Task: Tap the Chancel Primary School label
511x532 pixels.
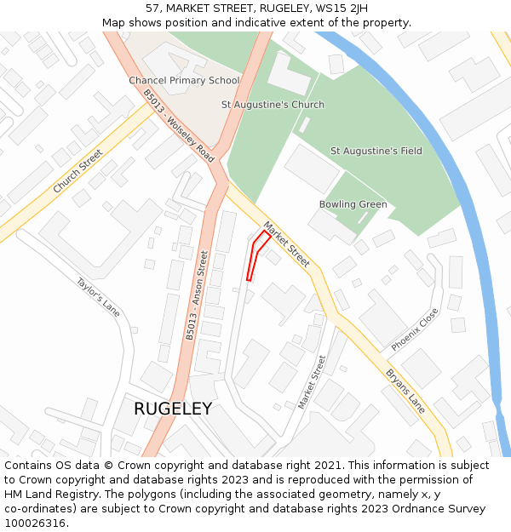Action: tap(184, 81)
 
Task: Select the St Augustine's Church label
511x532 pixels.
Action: tap(273, 105)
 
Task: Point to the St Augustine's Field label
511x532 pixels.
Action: tap(376, 151)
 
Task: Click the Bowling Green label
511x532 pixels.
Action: tap(353, 204)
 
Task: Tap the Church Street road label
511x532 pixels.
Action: tap(78, 171)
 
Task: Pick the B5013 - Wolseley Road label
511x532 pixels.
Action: tap(179, 127)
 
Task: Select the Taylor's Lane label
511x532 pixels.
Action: tap(98, 296)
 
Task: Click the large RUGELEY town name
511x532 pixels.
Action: tap(173, 409)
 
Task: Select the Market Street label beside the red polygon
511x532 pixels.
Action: tap(286, 245)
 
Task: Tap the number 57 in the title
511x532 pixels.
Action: tap(153, 9)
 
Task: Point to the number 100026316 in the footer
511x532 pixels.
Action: tap(36, 523)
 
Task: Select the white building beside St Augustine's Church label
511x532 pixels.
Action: tap(290, 74)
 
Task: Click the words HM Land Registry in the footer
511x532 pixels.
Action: tap(51, 495)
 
